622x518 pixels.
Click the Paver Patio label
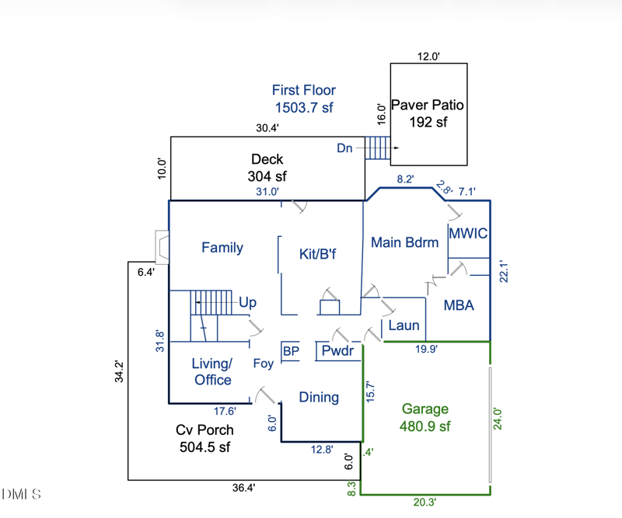(428, 105)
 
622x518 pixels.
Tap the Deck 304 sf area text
(267, 168)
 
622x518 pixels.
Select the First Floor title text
(304, 99)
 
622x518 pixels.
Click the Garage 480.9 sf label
(425, 417)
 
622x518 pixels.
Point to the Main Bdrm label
(404, 242)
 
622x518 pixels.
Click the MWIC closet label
(468, 234)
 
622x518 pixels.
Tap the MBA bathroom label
(459, 305)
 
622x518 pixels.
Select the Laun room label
(404, 325)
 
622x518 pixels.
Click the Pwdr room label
(337, 351)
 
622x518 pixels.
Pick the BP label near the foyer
(291, 351)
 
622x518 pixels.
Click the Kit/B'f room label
(317, 254)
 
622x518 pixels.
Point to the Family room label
(222, 248)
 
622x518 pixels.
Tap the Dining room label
(319, 398)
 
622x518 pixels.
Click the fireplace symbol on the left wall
(162, 247)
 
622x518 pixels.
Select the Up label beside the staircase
(247, 303)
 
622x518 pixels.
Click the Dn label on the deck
(344, 148)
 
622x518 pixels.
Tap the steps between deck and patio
(378, 148)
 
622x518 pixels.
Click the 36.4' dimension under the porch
(243, 488)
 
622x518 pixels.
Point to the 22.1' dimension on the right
(503, 271)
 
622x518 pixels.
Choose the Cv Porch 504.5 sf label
(204, 438)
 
